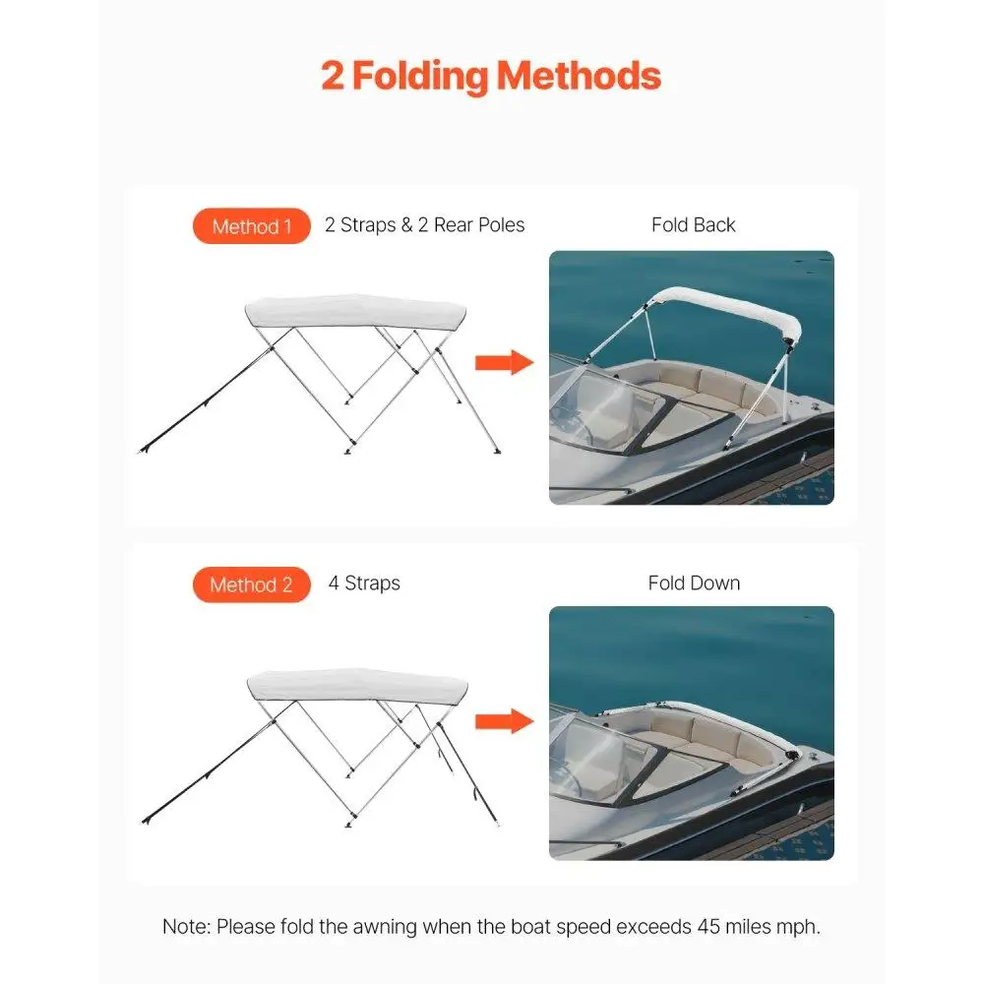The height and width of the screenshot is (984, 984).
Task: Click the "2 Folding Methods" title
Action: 491,76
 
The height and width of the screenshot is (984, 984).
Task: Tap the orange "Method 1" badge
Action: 252,226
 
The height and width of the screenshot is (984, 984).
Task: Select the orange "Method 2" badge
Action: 252,584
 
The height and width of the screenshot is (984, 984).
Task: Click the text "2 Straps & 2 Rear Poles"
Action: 424,224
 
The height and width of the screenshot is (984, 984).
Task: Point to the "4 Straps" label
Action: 364,583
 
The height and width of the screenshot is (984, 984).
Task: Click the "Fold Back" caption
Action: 693,224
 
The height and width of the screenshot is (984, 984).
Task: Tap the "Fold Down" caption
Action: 694,583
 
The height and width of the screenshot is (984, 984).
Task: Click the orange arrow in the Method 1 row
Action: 504,362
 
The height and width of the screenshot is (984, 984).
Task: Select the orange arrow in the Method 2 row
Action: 504,721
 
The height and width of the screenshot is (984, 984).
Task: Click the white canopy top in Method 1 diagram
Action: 355,311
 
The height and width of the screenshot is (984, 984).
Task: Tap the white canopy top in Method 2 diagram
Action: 357,686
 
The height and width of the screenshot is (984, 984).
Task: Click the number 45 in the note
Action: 708,926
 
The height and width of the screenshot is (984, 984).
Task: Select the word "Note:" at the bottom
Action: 186,926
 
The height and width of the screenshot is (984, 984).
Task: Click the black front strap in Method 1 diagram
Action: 206,400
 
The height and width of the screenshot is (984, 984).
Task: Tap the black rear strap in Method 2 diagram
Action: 467,773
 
